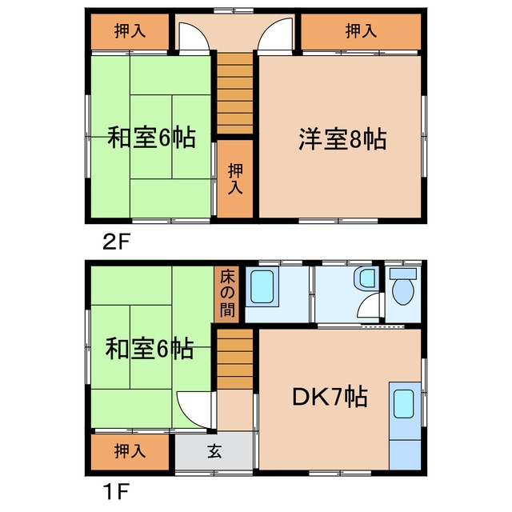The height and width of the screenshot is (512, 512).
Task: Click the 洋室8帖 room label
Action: (x=342, y=140)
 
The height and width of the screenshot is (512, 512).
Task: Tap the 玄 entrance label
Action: (x=215, y=450)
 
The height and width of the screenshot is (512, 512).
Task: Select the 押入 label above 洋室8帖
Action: (x=360, y=32)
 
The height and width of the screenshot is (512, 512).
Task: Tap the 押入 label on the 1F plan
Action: (x=130, y=450)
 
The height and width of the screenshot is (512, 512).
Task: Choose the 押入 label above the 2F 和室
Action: (x=130, y=32)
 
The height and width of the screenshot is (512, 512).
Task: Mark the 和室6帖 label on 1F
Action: (x=150, y=350)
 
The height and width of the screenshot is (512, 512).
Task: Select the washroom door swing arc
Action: (x=369, y=308)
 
